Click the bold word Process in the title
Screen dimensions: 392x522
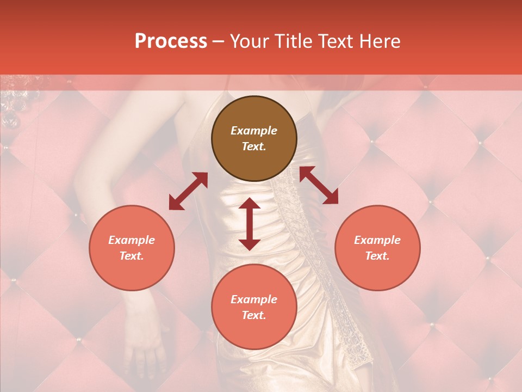(x=171, y=41)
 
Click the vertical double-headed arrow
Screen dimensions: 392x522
(x=250, y=224)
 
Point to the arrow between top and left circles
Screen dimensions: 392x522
(x=188, y=191)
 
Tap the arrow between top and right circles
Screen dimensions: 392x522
(x=319, y=185)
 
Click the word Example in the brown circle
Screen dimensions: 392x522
(x=254, y=131)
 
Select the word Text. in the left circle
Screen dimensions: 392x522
(x=132, y=256)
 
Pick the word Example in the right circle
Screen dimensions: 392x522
(x=377, y=240)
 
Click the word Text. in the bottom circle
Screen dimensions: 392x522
(x=254, y=315)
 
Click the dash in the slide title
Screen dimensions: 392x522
(x=218, y=41)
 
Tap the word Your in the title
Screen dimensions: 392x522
(x=248, y=41)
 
